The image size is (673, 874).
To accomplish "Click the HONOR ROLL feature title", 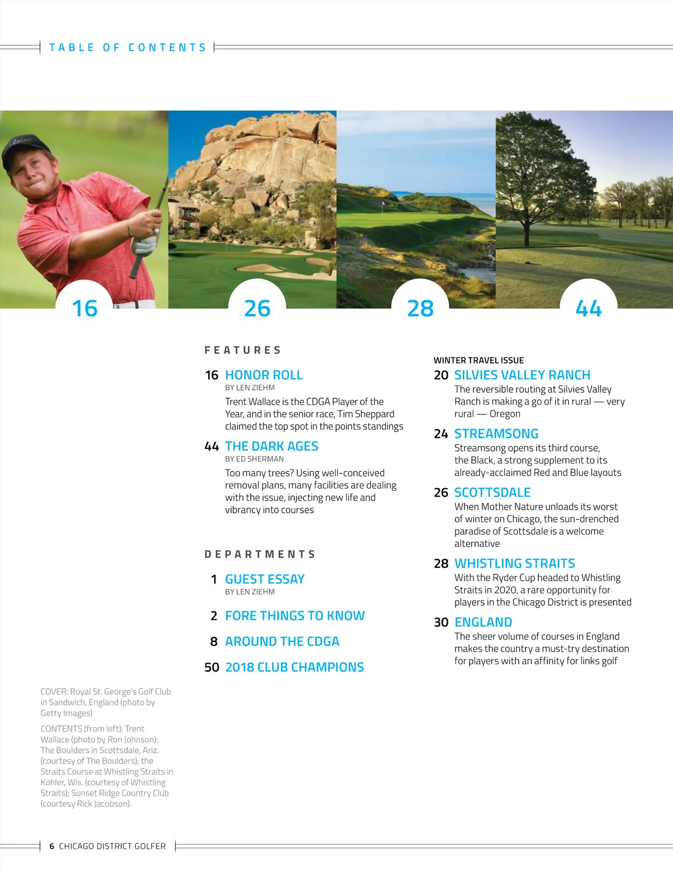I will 264,375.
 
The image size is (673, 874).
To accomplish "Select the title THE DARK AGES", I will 271,446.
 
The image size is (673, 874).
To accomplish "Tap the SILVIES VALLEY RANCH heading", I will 522,375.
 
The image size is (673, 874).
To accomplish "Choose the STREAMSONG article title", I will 496,434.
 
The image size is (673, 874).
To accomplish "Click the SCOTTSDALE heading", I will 492,493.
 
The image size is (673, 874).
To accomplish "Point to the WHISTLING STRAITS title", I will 515,563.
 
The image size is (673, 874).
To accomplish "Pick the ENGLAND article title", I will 483,622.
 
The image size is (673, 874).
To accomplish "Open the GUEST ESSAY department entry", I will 265,579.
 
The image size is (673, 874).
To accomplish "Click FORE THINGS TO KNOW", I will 294,615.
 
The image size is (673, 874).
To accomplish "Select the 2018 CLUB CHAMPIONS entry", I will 294,667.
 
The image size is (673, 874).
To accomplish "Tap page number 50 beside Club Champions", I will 211,667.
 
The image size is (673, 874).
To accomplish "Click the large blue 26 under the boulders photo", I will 257,308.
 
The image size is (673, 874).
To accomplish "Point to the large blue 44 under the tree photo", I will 588,308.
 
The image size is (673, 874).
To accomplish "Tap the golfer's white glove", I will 145,245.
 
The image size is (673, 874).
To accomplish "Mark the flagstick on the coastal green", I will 383,205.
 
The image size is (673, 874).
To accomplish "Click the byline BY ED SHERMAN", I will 254,459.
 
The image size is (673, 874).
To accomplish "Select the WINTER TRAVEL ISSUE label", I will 478,360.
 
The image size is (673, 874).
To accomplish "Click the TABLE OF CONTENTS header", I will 128,48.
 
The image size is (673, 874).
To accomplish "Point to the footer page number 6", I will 52,846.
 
